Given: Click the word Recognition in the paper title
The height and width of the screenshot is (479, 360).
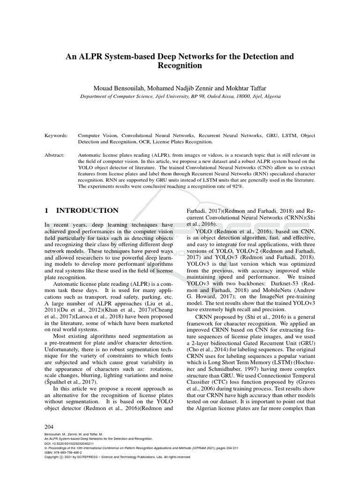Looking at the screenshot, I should coord(180,66).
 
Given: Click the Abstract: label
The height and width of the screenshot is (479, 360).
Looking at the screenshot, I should coord(55,154).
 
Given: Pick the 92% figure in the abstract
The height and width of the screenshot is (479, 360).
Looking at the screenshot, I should coord(234,187).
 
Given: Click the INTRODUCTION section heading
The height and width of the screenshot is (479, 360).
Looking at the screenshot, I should coord(87,210).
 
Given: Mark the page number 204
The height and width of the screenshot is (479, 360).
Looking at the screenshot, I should coord(49,427).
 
